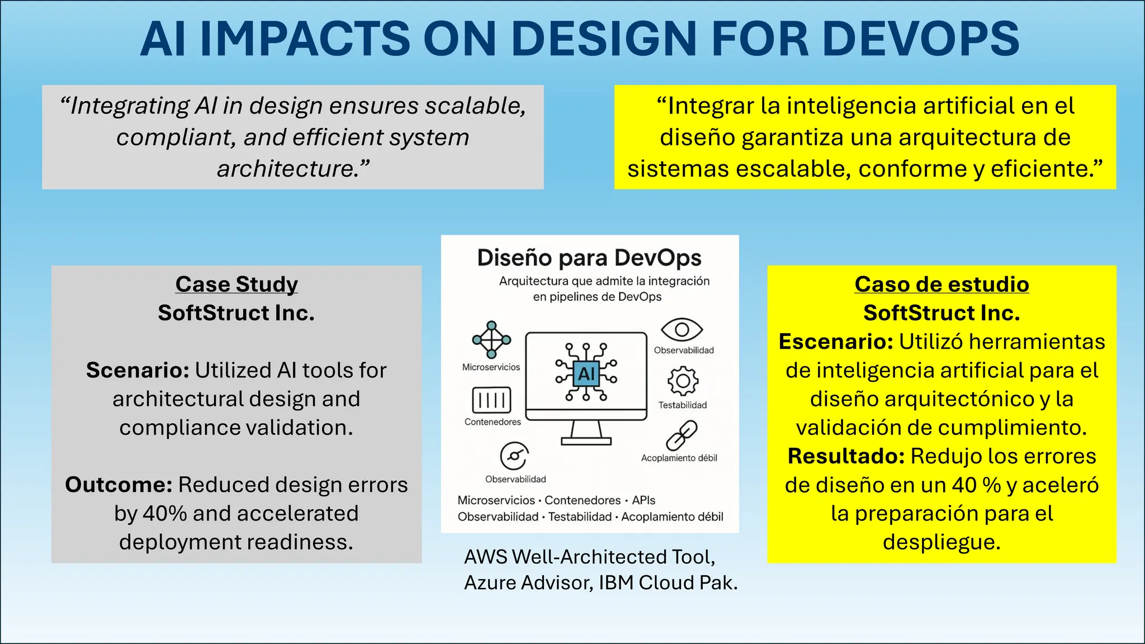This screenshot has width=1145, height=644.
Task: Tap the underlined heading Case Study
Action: tap(236, 284)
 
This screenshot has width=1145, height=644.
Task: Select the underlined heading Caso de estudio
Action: tap(941, 284)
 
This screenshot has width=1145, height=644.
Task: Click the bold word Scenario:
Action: tap(138, 370)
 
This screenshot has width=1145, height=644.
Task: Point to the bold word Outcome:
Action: tap(119, 485)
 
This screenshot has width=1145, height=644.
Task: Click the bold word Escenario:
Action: tap(836, 342)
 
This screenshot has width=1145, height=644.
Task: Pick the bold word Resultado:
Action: tap(846, 456)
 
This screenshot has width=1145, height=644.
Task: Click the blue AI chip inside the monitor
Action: tap(586, 373)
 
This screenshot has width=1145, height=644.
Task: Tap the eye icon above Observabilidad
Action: tap(682, 330)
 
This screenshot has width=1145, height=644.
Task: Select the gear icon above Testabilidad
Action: tap(683, 381)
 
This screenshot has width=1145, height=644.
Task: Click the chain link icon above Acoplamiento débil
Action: tap(682, 435)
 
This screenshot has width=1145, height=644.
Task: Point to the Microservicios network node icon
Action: tap(491, 339)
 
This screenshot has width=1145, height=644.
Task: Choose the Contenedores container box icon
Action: tap(491, 400)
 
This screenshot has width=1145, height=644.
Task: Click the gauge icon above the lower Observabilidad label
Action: tap(514, 456)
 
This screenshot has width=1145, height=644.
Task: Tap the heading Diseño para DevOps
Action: tap(589, 258)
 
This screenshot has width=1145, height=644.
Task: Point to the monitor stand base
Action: tap(586, 441)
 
